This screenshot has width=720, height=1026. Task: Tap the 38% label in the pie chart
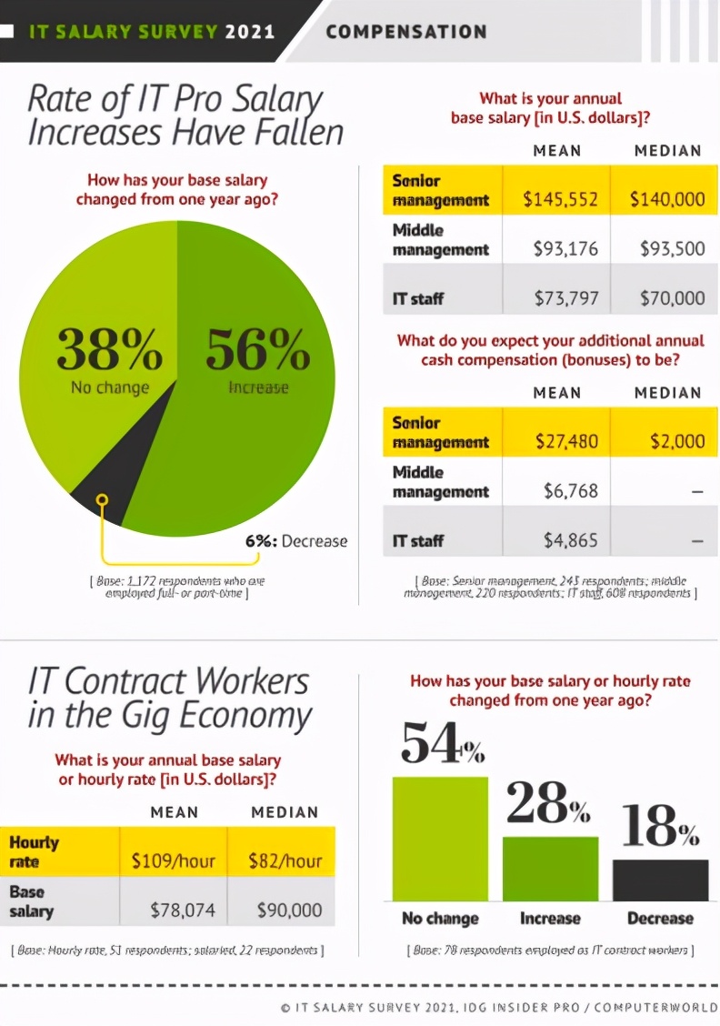(x=109, y=350)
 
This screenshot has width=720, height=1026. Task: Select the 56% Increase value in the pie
(x=258, y=350)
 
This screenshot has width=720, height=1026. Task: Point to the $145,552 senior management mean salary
(x=560, y=199)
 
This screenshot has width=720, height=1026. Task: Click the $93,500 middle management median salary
(x=672, y=248)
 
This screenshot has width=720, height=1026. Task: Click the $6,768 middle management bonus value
(x=571, y=491)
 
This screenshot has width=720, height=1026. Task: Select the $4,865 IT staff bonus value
(x=571, y=540)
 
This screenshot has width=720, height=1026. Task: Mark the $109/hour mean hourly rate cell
(x=174, y=860)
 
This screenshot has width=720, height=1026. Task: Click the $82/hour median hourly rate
(x=285, y=860)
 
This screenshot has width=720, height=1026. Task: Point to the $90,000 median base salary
(x=289, y=910)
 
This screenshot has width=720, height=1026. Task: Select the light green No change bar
(x=440, y=838)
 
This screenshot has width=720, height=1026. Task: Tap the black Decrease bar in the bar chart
(x=660, y=880)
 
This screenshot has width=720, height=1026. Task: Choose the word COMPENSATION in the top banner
(x=406, y=32)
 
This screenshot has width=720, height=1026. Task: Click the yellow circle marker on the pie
(x=103, y=499)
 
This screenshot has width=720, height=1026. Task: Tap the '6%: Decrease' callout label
(x=296, y=541)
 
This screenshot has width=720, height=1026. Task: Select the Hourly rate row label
(x=34, y=852)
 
